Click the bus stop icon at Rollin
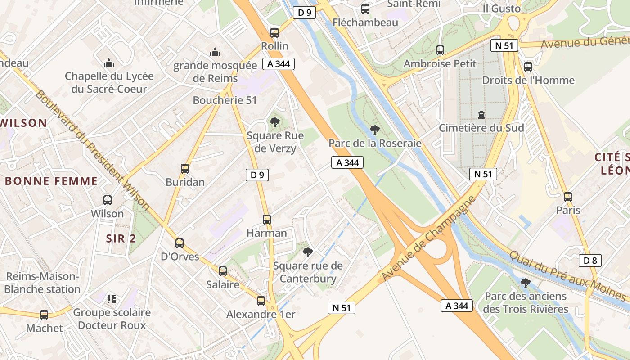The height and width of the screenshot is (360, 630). [x=274, y=32]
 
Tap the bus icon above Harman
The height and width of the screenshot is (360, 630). [x=267, y=220]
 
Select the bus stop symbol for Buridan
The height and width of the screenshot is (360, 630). [x=185, y=169]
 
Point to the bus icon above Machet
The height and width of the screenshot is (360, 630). [x=44, y=315]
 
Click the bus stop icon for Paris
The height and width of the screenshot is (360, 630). [x=568, y=197]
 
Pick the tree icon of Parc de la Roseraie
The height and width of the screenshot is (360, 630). [x=374, y=130]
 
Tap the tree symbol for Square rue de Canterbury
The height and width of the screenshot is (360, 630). [x=308, y=252]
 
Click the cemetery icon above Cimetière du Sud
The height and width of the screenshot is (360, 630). [x=481, y=115]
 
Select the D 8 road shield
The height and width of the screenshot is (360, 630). [x=590, y=261]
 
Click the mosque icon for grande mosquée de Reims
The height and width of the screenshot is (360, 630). [x=215, y=52]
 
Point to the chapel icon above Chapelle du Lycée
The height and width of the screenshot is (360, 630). [x=108, y=63]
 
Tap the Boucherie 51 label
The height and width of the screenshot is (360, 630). [x=225, y=100]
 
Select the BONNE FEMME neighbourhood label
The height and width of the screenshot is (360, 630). [x=51, y=181]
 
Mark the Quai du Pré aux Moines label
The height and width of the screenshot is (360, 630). [x=567, y=275]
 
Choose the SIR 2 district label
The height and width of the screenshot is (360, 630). [x=121, y=238]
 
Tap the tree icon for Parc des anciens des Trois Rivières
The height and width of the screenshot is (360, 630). [x=525, y=283]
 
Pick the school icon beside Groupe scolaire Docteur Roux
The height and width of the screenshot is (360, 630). [x=112, y=299]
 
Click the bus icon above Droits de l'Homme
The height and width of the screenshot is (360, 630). [x=528, y=67]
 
